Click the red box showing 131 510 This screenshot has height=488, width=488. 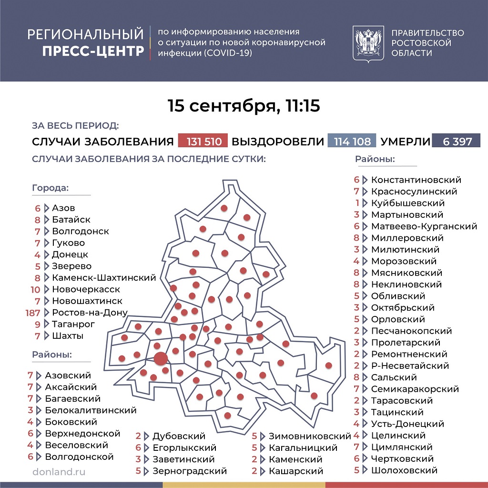(x=203, y=142)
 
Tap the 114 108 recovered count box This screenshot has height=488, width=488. (x=352, y=142)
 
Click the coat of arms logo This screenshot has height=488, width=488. (x=368, y=43)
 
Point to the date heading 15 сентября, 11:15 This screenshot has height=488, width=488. (x=244, y=106)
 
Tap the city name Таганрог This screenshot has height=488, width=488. (x=73, y=324)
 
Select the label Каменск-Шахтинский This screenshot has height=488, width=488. (x=104, y=278)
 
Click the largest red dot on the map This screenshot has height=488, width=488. (x=161, y=358)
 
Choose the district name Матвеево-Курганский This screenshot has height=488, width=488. (x=424, y=226)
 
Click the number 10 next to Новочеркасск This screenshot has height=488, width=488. (x=35, y=289)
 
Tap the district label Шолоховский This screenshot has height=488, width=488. (x=404, y=470)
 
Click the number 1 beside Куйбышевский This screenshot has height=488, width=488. (x=357, y=203)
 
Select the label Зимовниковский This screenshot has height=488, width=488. (x=310, y=436)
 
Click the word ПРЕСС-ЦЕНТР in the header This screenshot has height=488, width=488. (x=93, y=51)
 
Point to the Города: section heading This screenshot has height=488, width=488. (x=50, y=188)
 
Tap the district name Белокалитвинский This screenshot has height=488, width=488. (x=91, y=410)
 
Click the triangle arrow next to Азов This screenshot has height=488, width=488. (x=47, y=208)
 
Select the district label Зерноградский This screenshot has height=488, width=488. (x=190, y=471)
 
